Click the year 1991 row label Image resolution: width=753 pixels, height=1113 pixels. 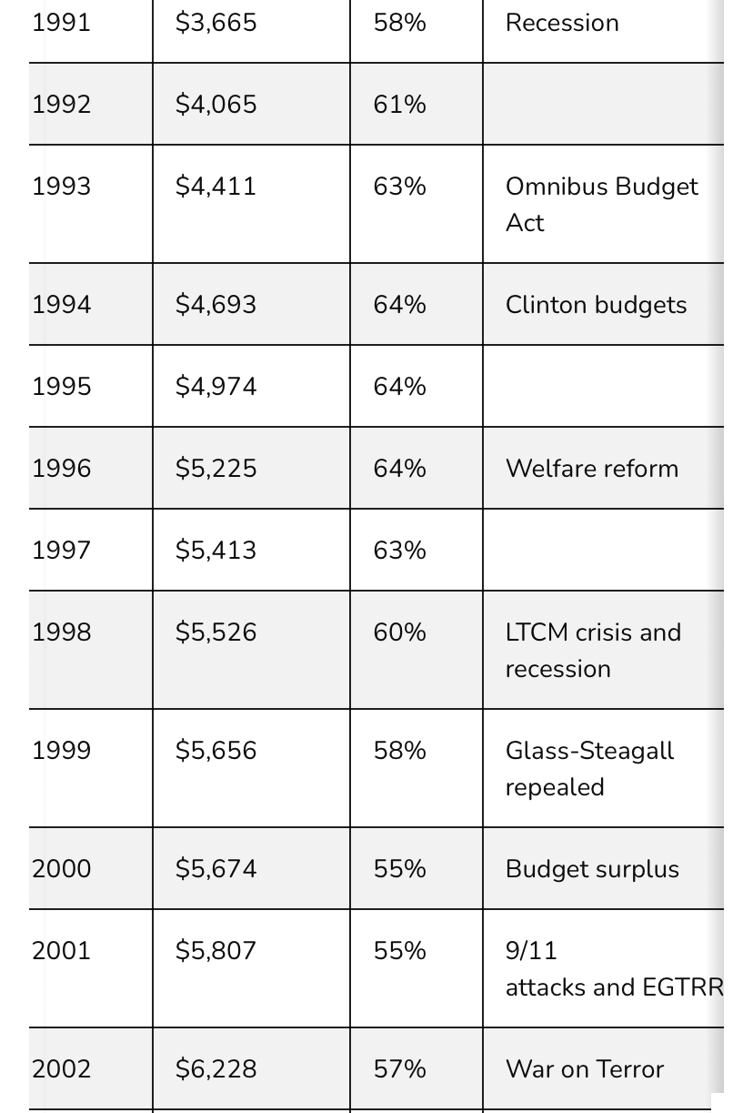[x=61, y=23]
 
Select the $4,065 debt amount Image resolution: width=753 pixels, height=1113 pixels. [x=216, y=105]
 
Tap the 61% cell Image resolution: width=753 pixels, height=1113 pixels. [x=399, y=105]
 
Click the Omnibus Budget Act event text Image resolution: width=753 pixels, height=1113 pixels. [x=601, y=204]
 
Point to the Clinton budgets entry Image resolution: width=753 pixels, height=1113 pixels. [x=596, y=305]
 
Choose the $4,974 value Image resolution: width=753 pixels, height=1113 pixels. [x=216, y=387]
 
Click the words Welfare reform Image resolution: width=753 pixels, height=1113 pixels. [x=591, y=469]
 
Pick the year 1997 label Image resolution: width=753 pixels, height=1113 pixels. [x=61, y=551]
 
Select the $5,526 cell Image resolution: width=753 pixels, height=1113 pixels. [x=216, y=632]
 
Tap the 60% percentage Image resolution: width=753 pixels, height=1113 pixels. [x=399, y=632]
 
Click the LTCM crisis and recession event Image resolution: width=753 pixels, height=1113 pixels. [x=593, y=650]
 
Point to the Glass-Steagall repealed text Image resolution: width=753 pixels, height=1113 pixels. [x=589, y=768]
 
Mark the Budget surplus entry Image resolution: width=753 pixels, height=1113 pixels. [x=592, y=869]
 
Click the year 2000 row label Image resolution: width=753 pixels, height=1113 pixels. [x=61, y=869]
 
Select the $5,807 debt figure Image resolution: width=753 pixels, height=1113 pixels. [x=216, y=951]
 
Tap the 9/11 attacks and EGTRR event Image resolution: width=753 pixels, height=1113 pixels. [x=614, y=968]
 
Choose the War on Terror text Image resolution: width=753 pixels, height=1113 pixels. [x=585, y=1069]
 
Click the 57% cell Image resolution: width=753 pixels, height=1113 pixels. [x=399, y=1069]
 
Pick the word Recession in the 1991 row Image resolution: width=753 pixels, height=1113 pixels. [x=562, y=23]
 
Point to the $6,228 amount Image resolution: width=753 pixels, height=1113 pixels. [x=216, y=1069]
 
